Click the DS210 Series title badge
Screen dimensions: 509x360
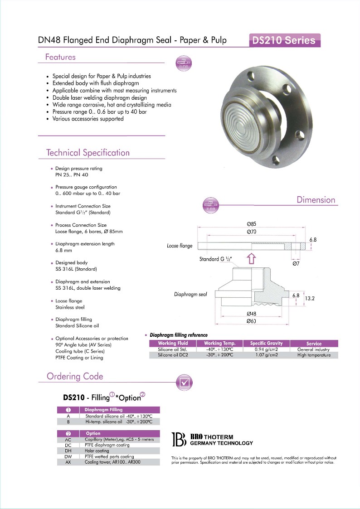(x=284, y=40)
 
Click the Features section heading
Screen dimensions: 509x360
(x=60, y=57)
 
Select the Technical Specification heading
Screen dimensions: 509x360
(x=88, y=153)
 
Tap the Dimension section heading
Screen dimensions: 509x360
(x=316, y=200)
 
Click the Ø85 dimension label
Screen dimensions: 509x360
(x=252, y=224)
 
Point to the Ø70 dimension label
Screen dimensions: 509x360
(x=252, y=232)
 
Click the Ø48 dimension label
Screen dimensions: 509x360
(x=252, y=314)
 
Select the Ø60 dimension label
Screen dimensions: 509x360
(x=252, y=321)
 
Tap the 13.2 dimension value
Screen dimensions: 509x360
(x=310, y=298)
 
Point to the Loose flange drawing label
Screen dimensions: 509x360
(x=180, y=246)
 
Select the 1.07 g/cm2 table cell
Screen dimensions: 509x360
(x=266, y=355)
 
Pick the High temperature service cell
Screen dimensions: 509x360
(x=314, y=355)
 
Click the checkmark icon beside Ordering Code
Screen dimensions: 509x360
(x=184, y=382)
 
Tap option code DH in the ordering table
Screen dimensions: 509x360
(x=68, y=451)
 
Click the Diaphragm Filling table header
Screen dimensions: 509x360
(x=103, y=410)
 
